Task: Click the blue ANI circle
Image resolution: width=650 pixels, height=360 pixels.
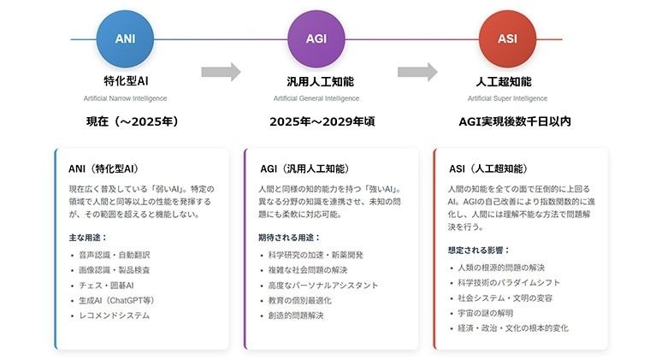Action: click(125, 39)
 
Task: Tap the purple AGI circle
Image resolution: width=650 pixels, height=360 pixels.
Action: click(316, 39)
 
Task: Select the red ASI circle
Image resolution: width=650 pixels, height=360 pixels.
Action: click(507, 39)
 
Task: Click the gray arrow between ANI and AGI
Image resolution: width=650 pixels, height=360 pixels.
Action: click(221, 72)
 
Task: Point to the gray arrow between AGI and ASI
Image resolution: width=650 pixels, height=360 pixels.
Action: click(417, 72)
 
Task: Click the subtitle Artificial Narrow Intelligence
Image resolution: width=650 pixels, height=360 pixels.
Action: click(125, 98)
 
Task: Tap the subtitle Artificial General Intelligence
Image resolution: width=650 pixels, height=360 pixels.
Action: click(316, 98)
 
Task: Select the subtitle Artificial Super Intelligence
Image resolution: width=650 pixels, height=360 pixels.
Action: click(507, 98)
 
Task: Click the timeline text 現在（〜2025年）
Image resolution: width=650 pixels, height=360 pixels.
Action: click(133, 121)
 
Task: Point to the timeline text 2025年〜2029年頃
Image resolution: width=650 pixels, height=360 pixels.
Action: click(322, 121)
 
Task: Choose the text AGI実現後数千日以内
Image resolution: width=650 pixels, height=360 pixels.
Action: click(515, 121)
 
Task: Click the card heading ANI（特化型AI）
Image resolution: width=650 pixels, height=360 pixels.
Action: click(103, 168)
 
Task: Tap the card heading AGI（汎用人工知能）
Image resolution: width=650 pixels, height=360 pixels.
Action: click(304, 168)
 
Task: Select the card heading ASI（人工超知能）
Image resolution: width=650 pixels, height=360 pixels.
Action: click(488, 168)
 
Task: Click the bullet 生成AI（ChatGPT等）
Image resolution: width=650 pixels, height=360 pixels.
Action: click(116, 300)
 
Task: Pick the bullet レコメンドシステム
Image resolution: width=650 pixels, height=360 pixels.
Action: click(115, 316)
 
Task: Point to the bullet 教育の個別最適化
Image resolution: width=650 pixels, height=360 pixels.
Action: click(299, 300)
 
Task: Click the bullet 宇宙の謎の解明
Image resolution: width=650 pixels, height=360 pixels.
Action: click(486, 313)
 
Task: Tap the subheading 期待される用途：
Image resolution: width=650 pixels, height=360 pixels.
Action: click(289, 238)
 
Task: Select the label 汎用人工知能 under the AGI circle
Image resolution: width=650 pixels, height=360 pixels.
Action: click(321, 81)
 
